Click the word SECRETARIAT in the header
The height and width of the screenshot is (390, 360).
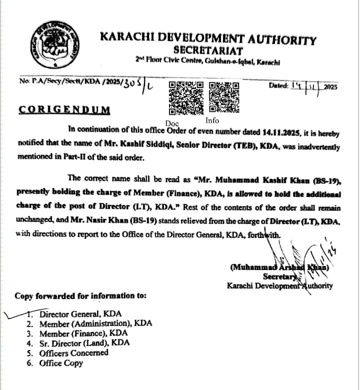coord(208,50)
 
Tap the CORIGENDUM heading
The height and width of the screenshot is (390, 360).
coord(64,110)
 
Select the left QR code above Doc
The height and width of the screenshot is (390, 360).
coord(186,97)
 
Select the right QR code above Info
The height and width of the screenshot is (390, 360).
coord(224,97)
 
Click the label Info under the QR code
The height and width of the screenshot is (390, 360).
coord(212,120)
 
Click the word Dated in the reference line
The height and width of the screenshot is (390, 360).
coord(279,85)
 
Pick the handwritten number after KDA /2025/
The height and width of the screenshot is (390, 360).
coord(133,85)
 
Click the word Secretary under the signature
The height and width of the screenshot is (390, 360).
coord(279,276)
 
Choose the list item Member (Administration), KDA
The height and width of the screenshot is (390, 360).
coord(95,323)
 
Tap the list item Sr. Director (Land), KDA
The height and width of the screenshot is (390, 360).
coord(84,343)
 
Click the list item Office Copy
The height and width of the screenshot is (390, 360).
coord(61,363)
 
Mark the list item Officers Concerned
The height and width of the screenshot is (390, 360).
coord(73,353)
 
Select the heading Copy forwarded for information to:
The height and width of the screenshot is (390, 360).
coord(80,296)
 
